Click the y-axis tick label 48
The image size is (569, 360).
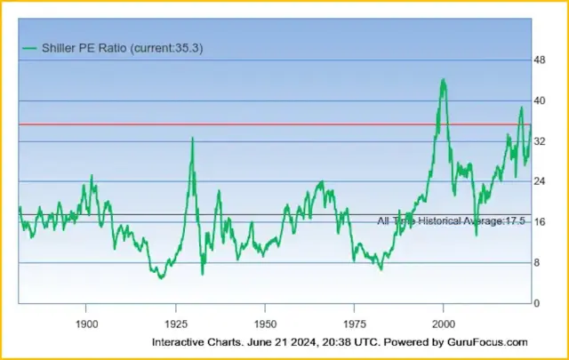pos(539,60)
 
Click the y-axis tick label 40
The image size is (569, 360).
pos(539,100)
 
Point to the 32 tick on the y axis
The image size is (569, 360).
pos(539,141)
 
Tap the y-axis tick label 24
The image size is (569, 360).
pos(539,181)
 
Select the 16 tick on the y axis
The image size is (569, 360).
pos(539,222)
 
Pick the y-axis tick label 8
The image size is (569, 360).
pos(537,263)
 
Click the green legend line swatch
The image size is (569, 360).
pos(30,48)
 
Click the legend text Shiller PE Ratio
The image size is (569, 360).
pos(84,48)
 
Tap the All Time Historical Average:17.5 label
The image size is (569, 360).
pos(451,220)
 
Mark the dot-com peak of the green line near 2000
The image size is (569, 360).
pos(443,80)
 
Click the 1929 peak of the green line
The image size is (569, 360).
pos(191,138)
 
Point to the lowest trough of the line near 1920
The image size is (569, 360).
pos(161,278)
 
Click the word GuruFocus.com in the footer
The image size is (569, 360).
pos(487,342)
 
